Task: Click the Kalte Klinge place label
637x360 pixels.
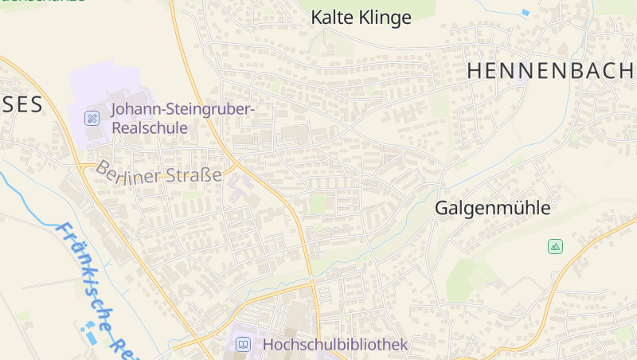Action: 361,18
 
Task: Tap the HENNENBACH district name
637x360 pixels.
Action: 549,71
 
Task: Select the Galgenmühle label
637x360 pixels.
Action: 492,209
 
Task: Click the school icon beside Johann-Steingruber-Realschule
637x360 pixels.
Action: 92,119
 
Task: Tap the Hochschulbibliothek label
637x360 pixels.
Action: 334,344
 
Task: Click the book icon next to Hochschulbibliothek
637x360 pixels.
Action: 244,345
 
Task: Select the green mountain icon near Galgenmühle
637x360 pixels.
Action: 555,247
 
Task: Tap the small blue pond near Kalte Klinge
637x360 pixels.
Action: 525,13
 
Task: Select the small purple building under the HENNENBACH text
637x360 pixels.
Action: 521,80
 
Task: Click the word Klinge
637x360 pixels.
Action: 385,18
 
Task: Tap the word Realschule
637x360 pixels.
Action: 150,127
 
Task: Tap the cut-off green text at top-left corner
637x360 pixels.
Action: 44,2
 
